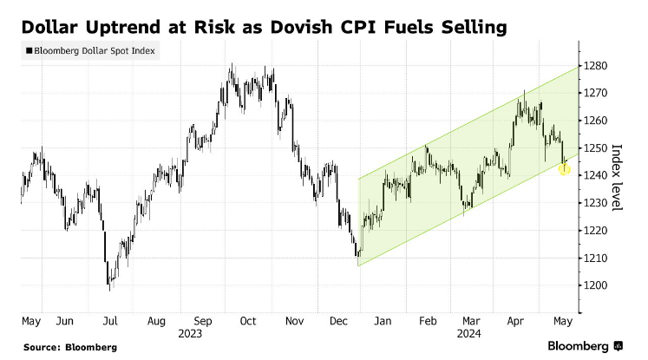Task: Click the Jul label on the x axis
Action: click(x=109, y=320)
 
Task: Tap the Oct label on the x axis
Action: click(x=248, y=320)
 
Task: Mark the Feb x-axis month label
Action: click(x=427, y=320)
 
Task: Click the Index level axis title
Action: click(x=617, y=178)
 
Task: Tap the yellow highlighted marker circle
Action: click(x=565, y=169)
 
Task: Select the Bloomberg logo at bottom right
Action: click(x=586, y=346)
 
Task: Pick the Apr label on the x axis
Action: click(x=515, y=320)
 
